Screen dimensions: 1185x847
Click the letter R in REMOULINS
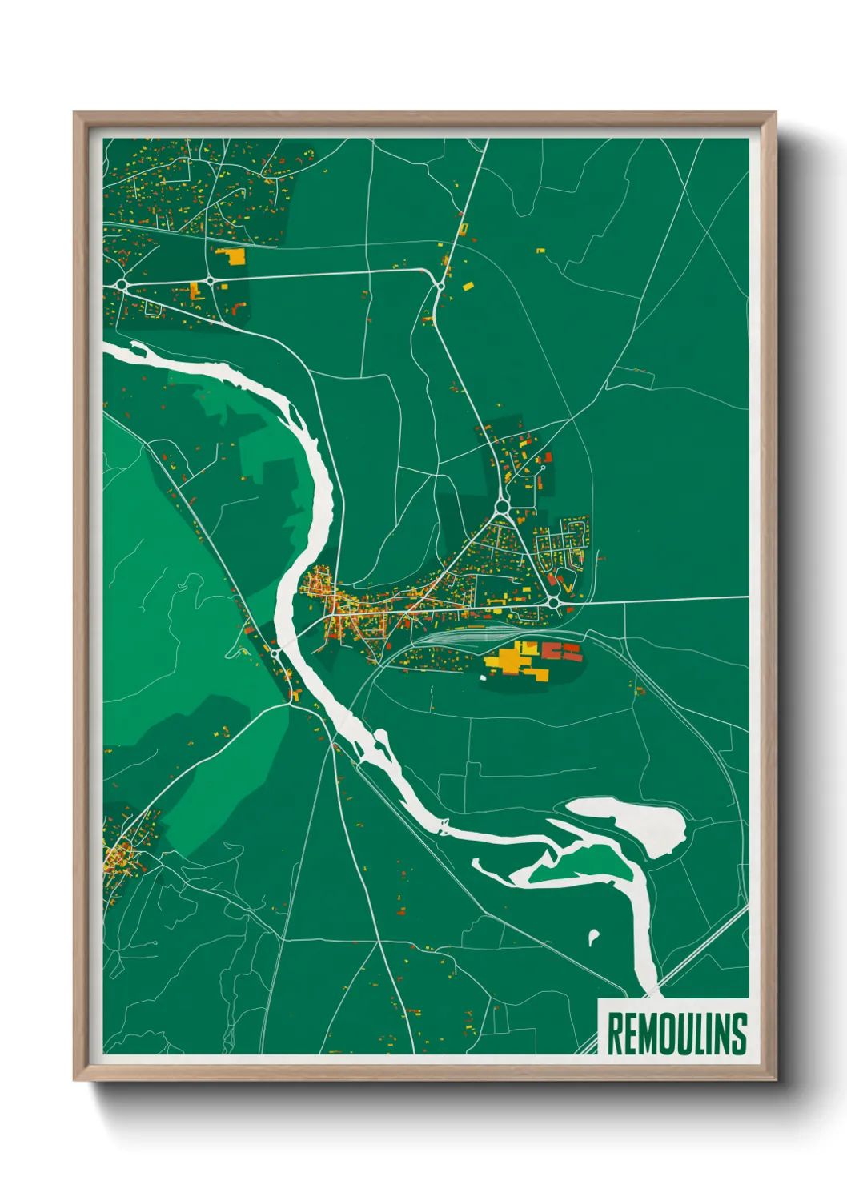pos(616,1034)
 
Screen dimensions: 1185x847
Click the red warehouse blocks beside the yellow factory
pos(562,650)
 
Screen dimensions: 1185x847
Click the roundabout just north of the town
pos(502,506)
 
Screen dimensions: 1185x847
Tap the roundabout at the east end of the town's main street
pos(553,601)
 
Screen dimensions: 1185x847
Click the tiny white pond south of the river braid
pos(593,934)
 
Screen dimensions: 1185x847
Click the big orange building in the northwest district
pos(232,256)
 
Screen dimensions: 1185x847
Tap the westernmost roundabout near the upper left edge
pos(121,284)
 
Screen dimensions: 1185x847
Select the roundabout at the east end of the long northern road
pos(440,285)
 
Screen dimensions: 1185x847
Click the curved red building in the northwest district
pos(237,308)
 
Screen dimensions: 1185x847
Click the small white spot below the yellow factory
pos(483,678)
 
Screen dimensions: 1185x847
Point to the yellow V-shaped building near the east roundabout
pos(569,587)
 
